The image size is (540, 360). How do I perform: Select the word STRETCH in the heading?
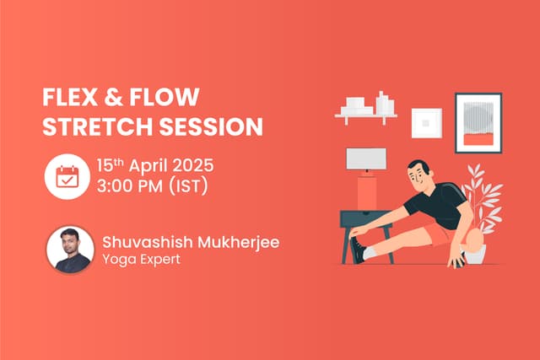click(x=91, y=126)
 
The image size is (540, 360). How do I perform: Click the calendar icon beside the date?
click(x=67, y=176)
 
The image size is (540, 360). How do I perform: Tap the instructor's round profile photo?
click(x=69, y=248)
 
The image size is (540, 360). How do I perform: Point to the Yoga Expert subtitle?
click(x=138, y=261)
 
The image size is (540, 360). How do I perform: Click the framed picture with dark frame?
click(x=478, y=122)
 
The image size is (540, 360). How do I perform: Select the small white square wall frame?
click(x=426, y=123)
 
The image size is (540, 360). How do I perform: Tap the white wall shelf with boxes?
click(x=367, y=110)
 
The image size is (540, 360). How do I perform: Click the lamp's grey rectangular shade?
click(x=365, y=159)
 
